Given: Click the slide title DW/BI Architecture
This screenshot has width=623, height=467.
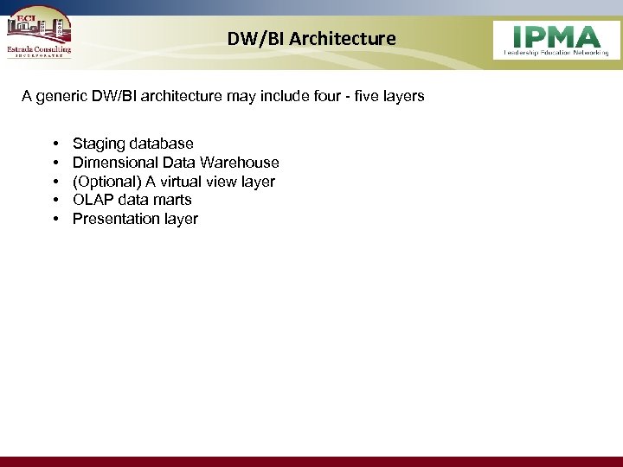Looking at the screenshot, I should click(x=311, y=39).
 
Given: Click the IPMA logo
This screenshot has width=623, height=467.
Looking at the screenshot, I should click(x=556, y=40).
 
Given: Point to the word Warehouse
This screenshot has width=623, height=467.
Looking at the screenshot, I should click(x=240, y=163).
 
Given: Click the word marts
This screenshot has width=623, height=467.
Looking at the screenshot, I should click(x=171, y=200).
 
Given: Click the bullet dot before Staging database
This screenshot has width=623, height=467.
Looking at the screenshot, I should click(x=55, y=144).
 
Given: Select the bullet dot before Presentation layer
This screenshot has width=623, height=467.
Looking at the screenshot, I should click(x=55, y=219).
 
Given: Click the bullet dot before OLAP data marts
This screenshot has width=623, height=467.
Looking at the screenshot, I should click(x=55, y=200).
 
